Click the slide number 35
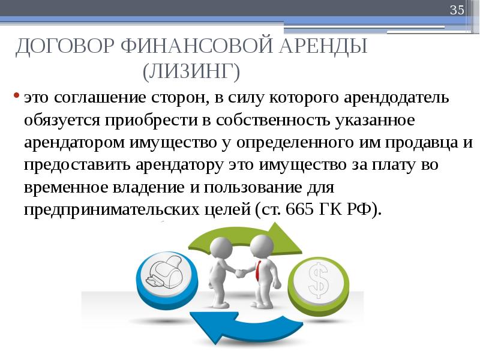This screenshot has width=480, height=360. coord(457,10)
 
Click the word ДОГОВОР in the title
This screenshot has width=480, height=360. coord(65,47)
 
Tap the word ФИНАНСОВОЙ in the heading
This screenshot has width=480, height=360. coord(197,46)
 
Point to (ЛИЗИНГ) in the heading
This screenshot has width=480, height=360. coord(191,71)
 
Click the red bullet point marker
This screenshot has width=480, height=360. coord(17,95)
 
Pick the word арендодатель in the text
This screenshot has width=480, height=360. coord(396,98)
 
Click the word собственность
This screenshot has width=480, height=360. coord(273,120)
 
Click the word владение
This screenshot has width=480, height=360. coord(149,187)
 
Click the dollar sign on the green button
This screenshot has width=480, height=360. coord(319,280)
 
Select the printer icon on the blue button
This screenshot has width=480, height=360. coord(164,271)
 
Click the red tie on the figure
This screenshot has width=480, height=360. coord(259,271)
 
